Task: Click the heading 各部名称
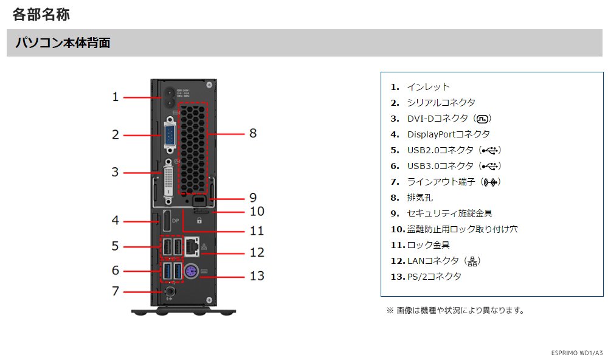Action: tap(41, 14)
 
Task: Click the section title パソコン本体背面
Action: tap(63, 43)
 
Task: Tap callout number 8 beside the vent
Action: tap(253, 133)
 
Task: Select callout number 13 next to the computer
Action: tap(257, 275)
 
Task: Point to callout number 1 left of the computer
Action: tap(116, 96)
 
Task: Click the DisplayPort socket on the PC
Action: tap(164, 225)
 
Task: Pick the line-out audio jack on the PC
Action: tap(170, 292)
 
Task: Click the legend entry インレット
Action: tap(428, 87)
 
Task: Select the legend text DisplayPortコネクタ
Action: tap(448, 134)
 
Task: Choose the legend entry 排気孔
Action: tap(420, 198)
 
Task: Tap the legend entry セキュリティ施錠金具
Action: tap(449, 213)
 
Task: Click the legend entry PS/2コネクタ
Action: tap(434, 277)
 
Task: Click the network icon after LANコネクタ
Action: tap(472, 261)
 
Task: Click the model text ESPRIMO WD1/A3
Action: tap(577, 353)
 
